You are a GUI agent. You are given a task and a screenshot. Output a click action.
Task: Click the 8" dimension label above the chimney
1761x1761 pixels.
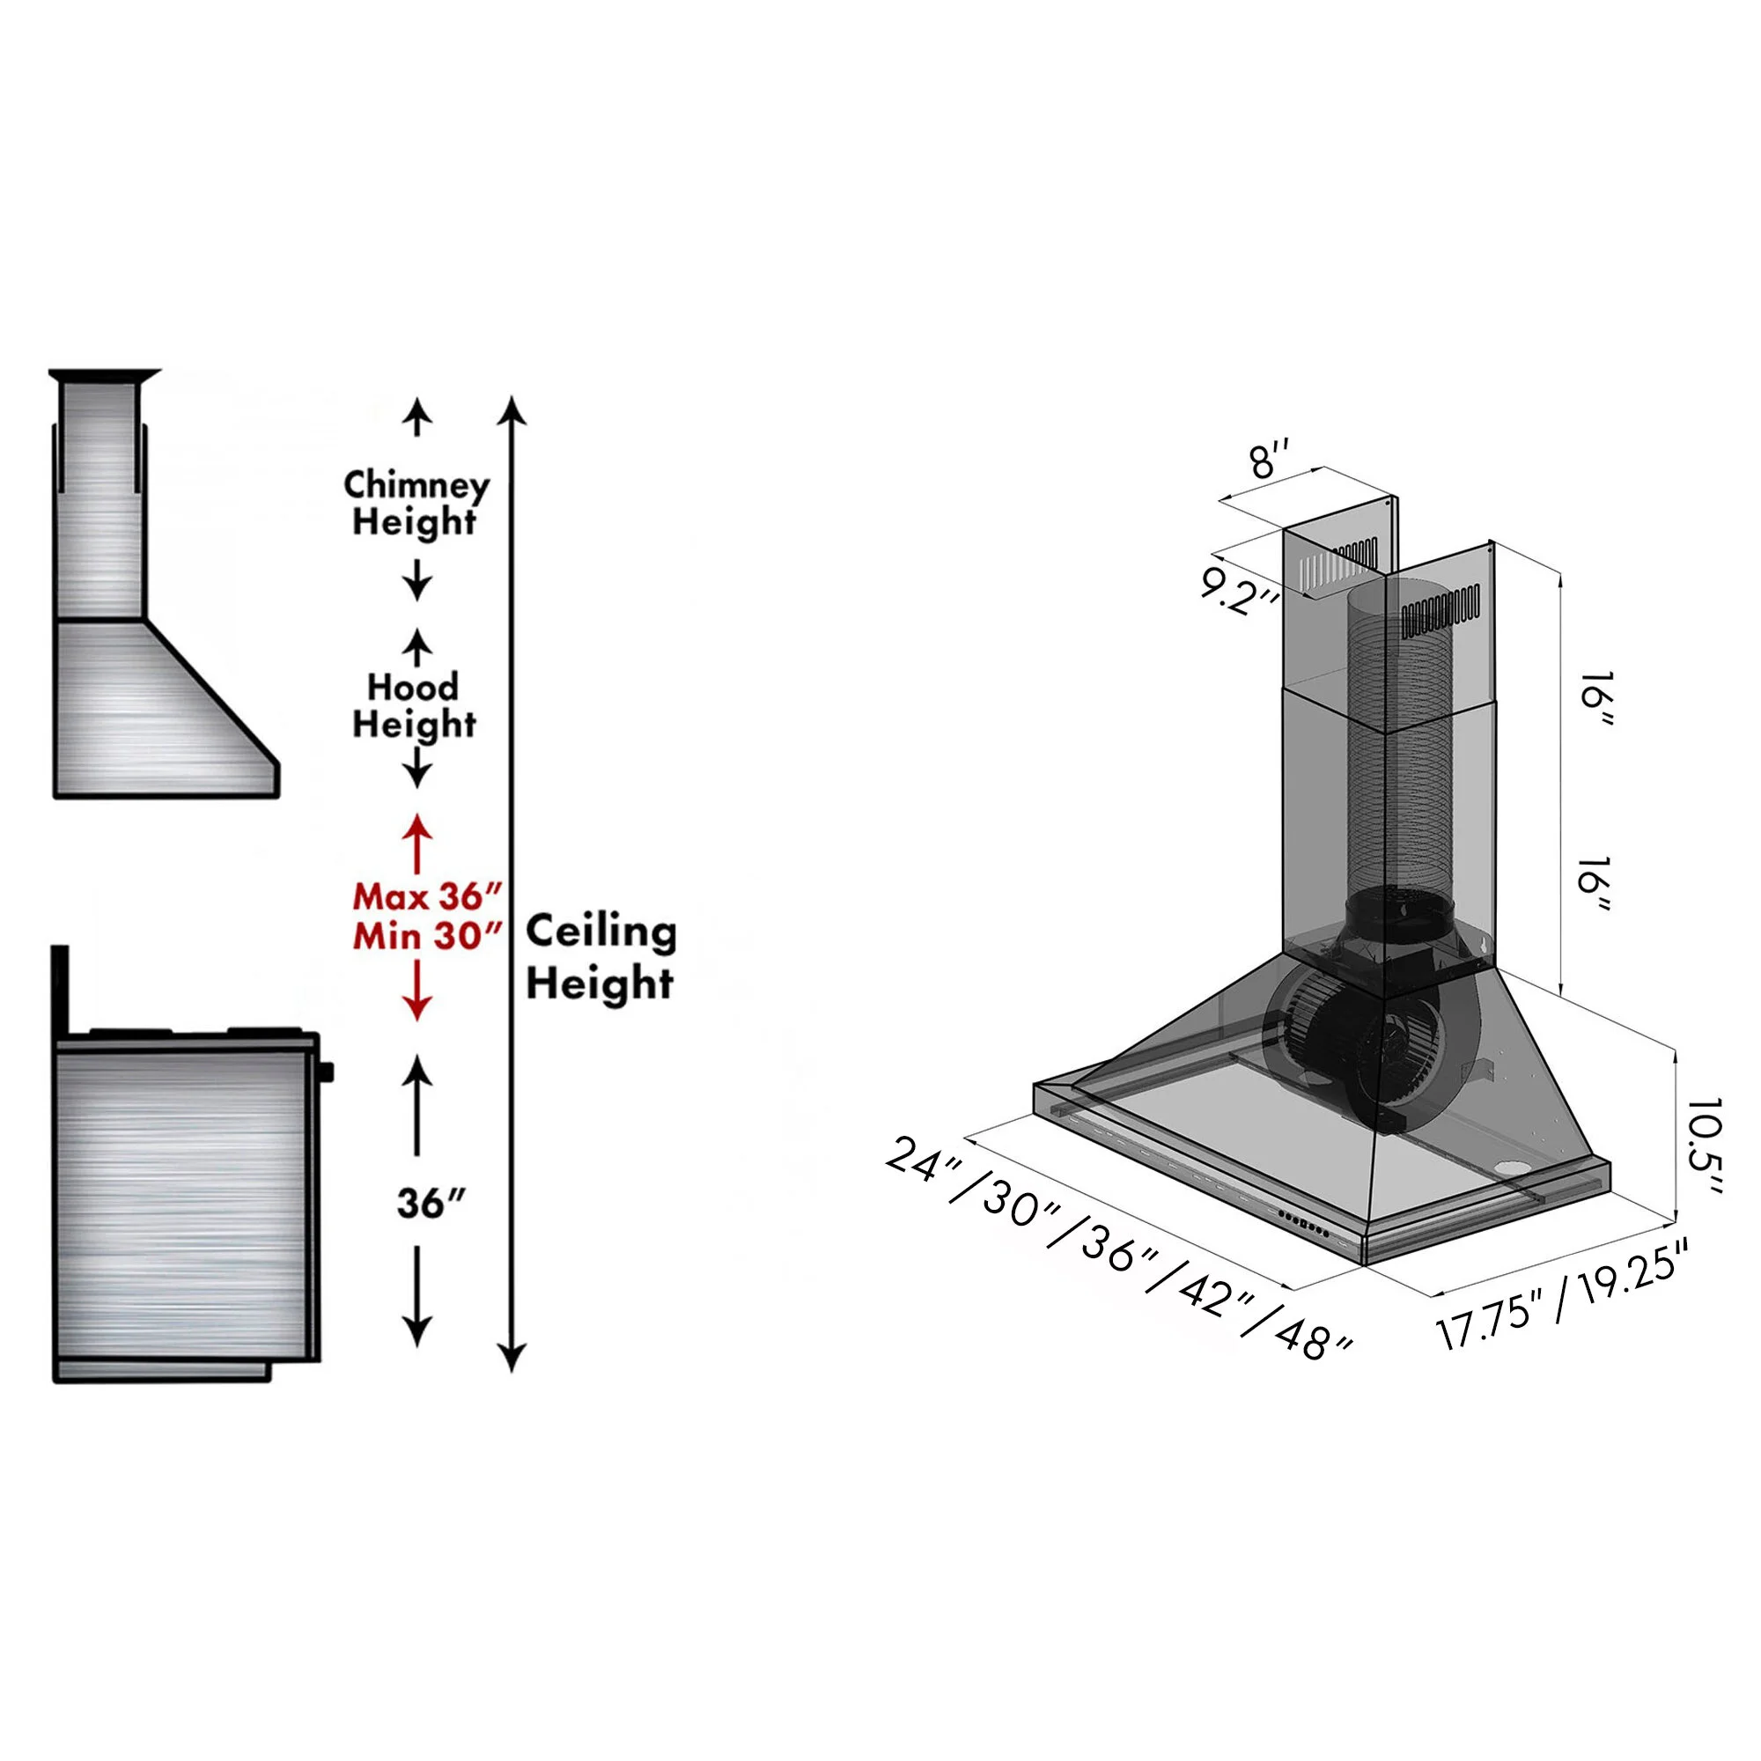tap(1270, 460)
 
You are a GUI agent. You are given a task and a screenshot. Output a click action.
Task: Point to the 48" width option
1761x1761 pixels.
tap(1314, 1336)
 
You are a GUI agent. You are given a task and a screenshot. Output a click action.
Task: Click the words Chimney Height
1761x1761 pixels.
tap(416, 503)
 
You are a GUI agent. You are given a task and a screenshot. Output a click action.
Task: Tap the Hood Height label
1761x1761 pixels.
tap(414, 705)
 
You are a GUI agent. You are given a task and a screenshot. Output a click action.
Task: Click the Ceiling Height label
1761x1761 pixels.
tap(601, 957)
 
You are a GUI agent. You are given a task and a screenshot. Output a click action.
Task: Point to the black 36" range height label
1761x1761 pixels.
tap(431, 1204)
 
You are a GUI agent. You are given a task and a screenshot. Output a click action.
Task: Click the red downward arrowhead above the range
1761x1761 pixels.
tap(417, 1008)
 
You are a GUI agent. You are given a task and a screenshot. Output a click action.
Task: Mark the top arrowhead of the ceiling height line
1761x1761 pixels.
tap(512, 409)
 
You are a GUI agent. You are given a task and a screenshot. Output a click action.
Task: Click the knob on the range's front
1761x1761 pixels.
tap(326, 1072)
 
